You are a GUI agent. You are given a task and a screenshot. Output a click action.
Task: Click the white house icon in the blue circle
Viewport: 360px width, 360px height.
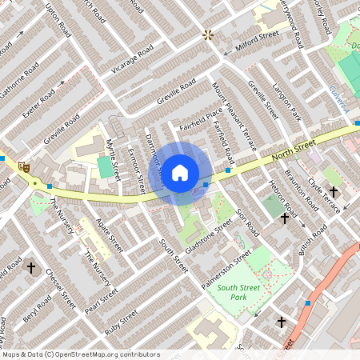[180, 171]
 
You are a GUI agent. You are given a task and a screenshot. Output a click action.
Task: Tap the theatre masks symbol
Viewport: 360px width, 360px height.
[24, 167]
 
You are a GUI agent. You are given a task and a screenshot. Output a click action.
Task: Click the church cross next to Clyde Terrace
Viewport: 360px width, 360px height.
[334, 192]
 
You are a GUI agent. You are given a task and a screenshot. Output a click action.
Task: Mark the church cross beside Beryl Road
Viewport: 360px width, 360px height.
[31, 267]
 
